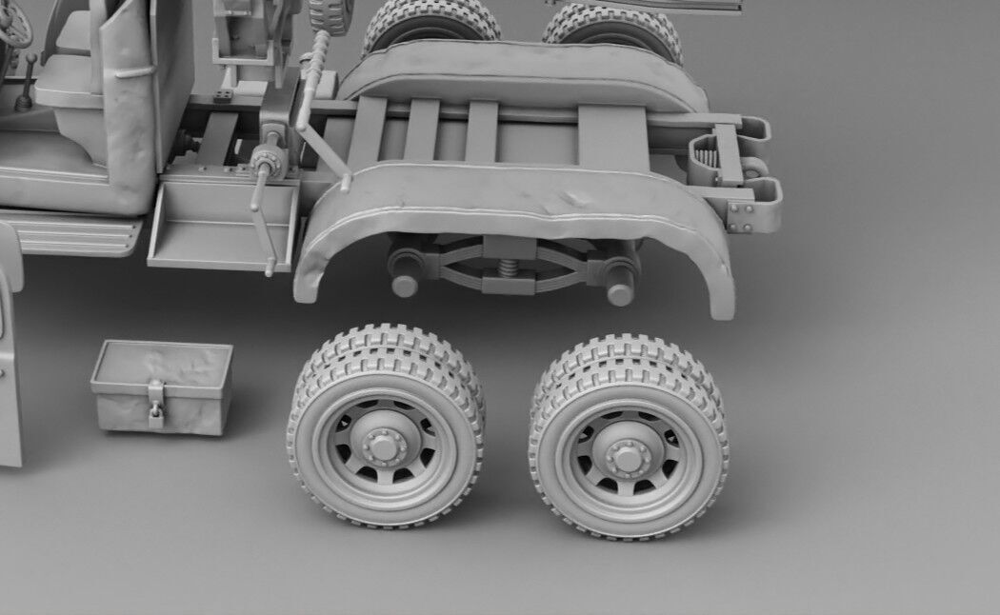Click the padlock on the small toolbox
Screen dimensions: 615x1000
coord(155,412)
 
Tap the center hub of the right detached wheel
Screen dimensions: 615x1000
coord(627,456)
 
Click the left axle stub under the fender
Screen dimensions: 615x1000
coord(405,283)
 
